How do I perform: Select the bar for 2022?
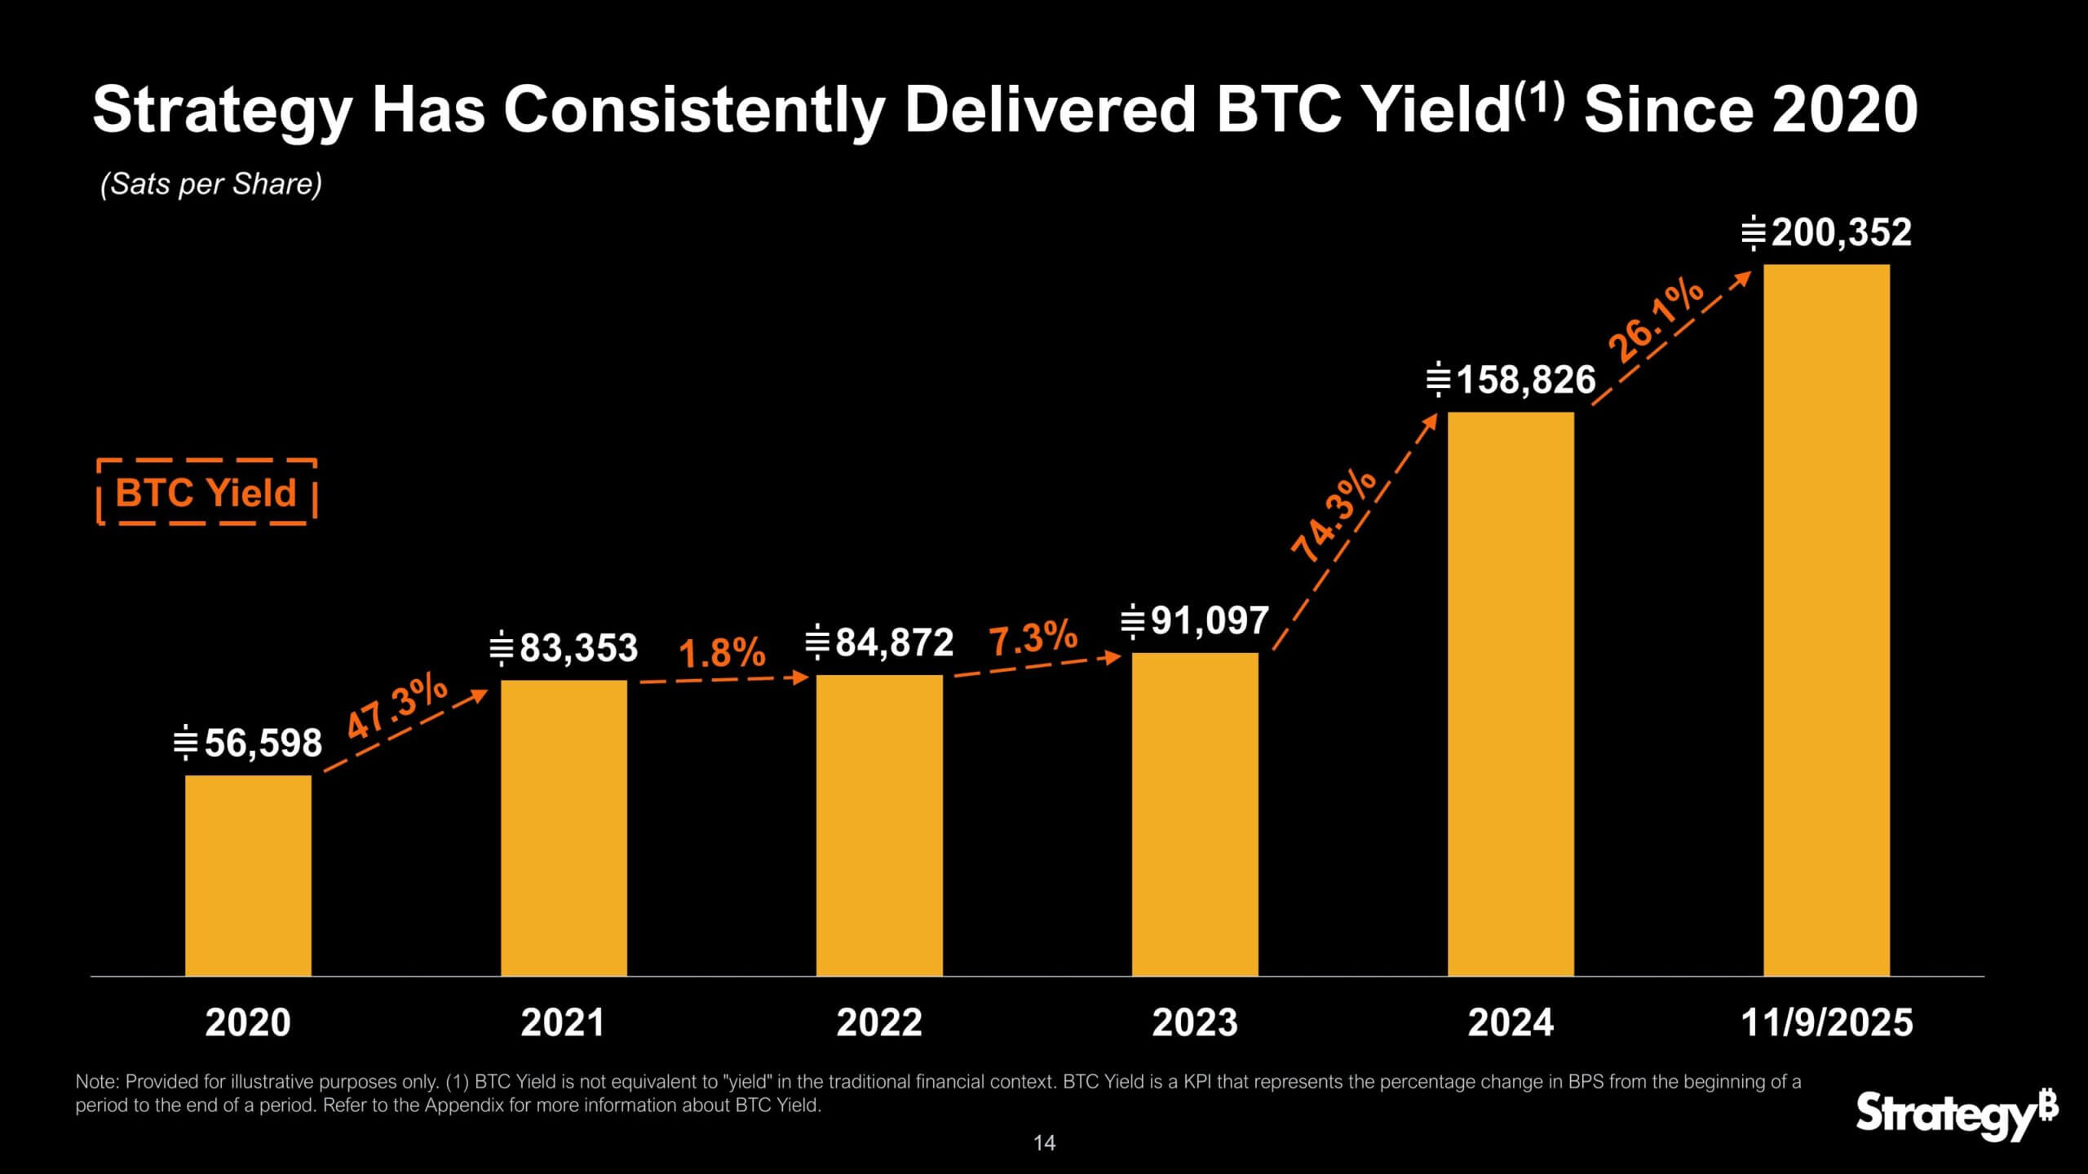(x=879, y=825)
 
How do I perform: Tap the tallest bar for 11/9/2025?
(x=1826, y=620)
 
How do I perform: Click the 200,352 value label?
(x=1827, y=233)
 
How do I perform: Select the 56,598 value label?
(x=248, y=744)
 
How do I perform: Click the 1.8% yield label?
(x=722, y=653)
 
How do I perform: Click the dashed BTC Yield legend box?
(x=206, y=492)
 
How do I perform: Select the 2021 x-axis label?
(x=563, y=1023)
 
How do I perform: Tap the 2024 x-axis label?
(x=1511, y=1023)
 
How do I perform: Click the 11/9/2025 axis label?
(x=1826, y=1023)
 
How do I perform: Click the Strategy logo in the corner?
(x=1957, y=1114)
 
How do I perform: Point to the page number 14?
(x=1044, y=1143)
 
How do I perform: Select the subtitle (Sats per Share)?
(x=211, y=184)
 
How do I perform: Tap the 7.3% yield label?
(x=1033, y=638)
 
